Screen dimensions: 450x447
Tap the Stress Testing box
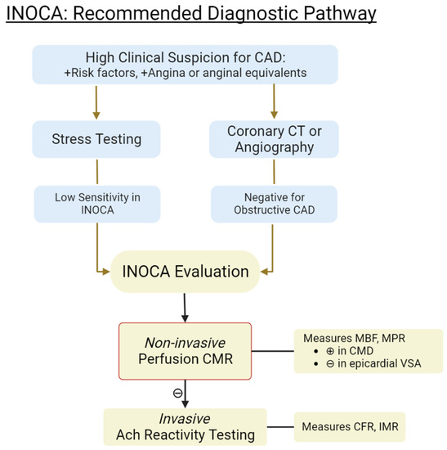point(97,138)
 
